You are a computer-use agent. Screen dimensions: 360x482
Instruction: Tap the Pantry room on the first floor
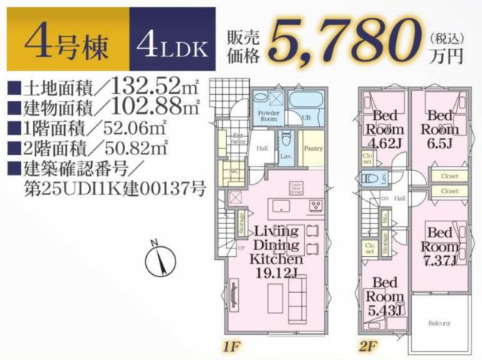313,148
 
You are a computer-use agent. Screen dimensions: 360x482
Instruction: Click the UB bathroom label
307,119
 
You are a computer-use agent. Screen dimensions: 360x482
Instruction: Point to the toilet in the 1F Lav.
286,141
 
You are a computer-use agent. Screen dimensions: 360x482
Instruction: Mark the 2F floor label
368,349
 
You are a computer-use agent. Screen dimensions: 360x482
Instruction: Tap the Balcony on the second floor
441,323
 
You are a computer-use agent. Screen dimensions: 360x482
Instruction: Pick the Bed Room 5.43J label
386,297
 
